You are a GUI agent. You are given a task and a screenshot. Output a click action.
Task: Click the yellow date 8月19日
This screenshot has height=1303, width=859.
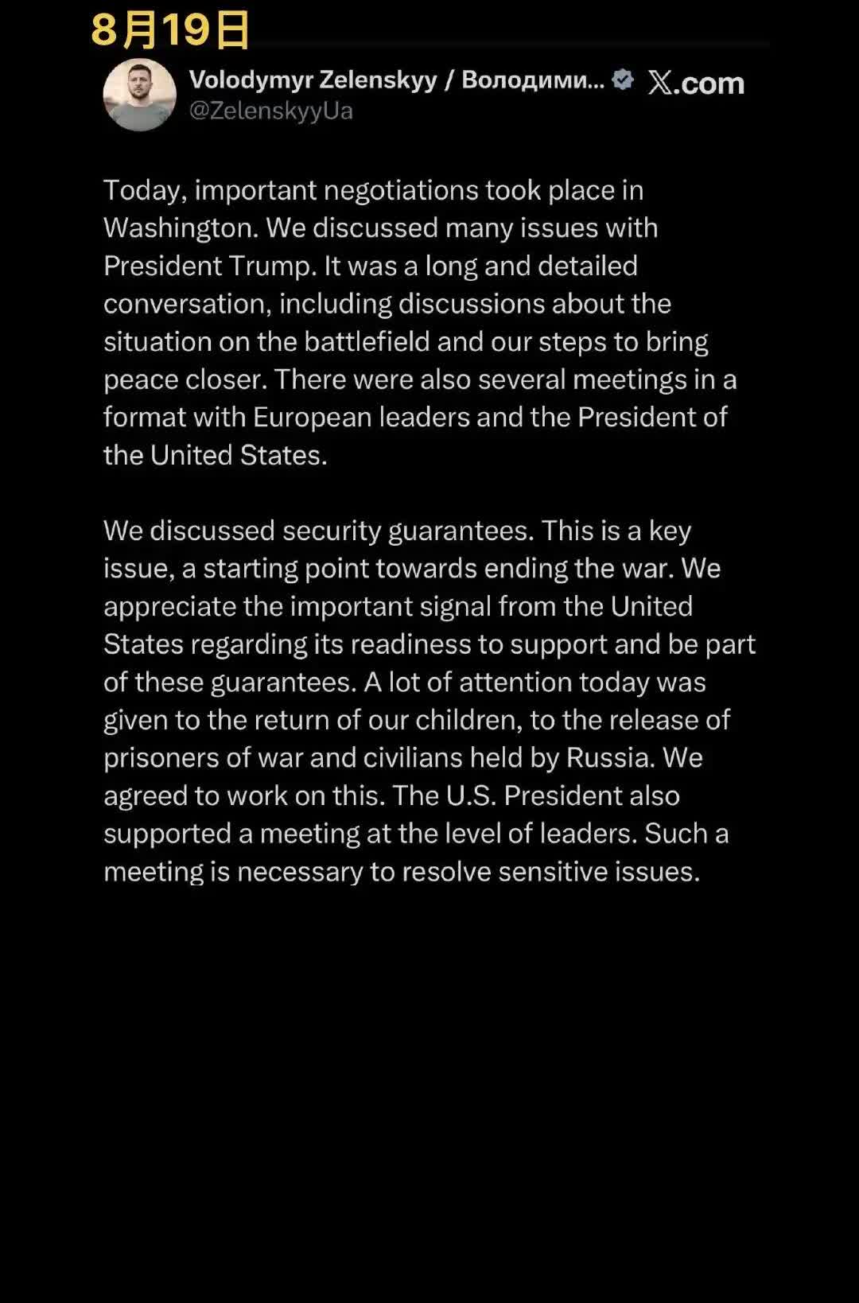coord(170,30)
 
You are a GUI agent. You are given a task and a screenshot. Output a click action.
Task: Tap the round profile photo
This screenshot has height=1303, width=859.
coord(139,95)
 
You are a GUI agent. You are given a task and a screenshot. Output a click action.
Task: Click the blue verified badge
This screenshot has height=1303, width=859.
coord(623,80)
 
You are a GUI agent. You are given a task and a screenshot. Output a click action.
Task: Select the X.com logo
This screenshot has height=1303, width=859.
coord(695,83)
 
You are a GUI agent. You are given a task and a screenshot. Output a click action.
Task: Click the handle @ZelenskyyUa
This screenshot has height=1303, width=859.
coord(270,111)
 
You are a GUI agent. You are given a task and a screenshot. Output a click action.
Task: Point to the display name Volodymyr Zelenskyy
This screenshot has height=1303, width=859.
coord(313,80)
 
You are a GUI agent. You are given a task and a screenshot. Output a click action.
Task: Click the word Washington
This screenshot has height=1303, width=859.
coord(180,228)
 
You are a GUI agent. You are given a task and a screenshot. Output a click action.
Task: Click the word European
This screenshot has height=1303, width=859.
coord(312,418)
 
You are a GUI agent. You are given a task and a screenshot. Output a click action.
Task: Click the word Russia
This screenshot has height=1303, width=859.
coord(610,758)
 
